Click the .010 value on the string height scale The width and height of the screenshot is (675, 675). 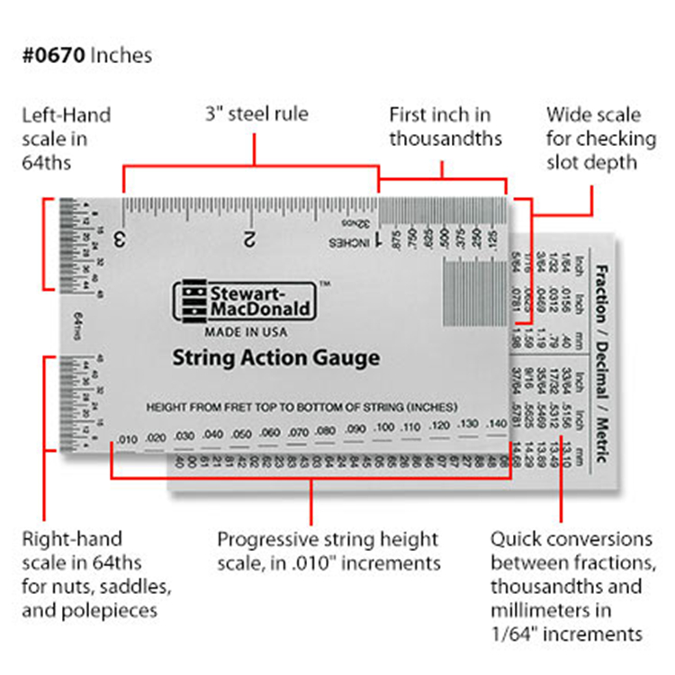click(127, 438)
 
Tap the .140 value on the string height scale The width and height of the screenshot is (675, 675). click(494, 422)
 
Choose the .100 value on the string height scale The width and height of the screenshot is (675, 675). click(383, 427)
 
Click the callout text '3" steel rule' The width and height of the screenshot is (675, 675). click(254, 114)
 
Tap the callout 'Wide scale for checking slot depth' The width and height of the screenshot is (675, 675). click(594, 139)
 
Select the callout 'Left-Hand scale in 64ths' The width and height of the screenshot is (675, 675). click(67, 139)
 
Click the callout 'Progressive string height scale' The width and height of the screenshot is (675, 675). click(328, 552)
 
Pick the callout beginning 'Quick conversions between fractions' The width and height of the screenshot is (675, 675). click(571, 586)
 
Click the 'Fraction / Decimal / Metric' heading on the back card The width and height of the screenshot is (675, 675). click(599, 355)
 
